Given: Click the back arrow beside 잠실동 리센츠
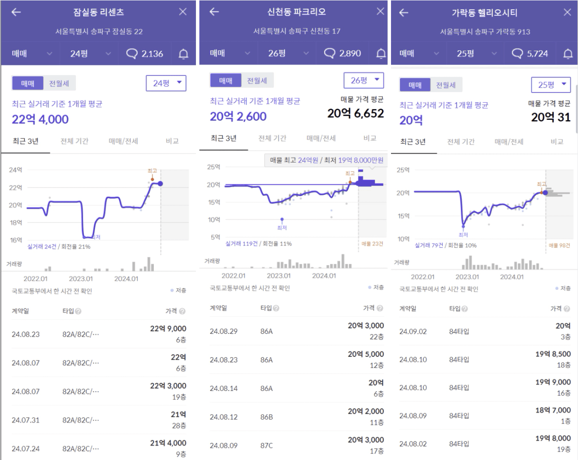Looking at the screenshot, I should click(x=16, y=12).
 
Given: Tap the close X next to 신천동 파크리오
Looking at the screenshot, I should click(x=380, y=11).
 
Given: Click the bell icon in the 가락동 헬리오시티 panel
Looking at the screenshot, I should click(x=568, y=54).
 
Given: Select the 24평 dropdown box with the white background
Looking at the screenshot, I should click(x=166, y=83).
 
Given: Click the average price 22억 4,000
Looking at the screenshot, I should click(x=40, y=119).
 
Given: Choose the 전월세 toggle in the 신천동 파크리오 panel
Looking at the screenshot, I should click(x=257, y=81).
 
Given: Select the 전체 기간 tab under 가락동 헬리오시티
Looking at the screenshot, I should click(x=461, y=142).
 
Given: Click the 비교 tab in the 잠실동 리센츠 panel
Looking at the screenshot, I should click(x=172, y=141).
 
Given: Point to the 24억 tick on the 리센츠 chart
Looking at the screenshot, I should click(x=15, y=170).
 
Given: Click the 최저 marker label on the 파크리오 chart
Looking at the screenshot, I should click(x=282, y=228).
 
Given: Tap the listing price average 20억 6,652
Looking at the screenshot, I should click(x=356, y=114).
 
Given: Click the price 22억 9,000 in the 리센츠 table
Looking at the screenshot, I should click(x=168, y=329).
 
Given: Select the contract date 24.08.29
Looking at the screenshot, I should click(x=224, y=331).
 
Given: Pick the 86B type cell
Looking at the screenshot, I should click(x=266, y=417).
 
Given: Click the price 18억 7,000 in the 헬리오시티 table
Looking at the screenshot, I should click(x=553, y=410).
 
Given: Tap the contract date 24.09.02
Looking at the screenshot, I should click(x=413, y=332).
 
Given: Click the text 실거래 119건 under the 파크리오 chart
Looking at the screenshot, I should click(x=242, y=244).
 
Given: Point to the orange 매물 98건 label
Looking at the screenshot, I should click(x=559, y=245).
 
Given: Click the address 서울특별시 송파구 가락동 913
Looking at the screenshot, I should click(x=485, y=32).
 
